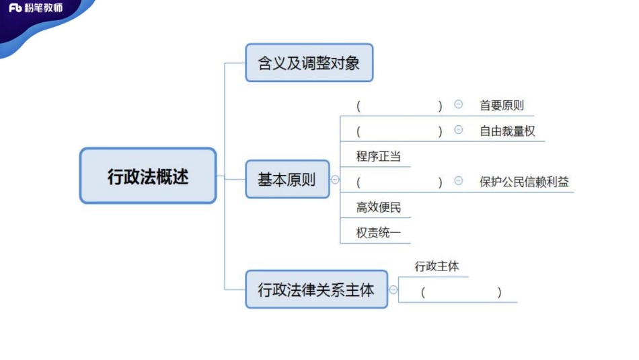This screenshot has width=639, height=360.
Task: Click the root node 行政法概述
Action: tap(148, 176)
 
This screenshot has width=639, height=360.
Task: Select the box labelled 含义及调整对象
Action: tap(309, 63)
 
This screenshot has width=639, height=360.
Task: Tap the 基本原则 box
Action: tap(287, 179)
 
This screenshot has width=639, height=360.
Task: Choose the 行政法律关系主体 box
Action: tap(316, 289)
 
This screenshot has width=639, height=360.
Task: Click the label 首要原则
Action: tap(502, 105)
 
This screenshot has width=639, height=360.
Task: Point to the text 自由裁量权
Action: tap(508, 131)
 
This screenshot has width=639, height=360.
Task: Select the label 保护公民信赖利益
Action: tap(525, 182)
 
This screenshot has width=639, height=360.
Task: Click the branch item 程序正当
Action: tap(379, 156)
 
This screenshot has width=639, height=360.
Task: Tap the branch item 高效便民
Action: tap(379, 207)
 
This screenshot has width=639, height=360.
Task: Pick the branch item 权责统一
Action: tap(379, 233)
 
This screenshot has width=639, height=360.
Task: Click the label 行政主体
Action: tap(437, 266)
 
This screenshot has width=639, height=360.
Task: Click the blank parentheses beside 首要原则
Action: tap(400, 106)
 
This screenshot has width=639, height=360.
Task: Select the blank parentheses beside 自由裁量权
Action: tap(400, 131)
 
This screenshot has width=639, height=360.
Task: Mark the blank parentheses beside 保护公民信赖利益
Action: tap(400, 182)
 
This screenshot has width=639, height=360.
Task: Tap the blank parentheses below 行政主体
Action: tap(461, 292)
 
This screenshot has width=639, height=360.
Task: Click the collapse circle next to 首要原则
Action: tap(459, 104)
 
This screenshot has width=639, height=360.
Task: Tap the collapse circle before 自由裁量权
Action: tap(459, 130)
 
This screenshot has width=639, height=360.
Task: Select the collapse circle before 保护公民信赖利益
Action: tap(459, 181)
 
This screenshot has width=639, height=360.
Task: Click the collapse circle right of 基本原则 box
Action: tap(336, 180)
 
